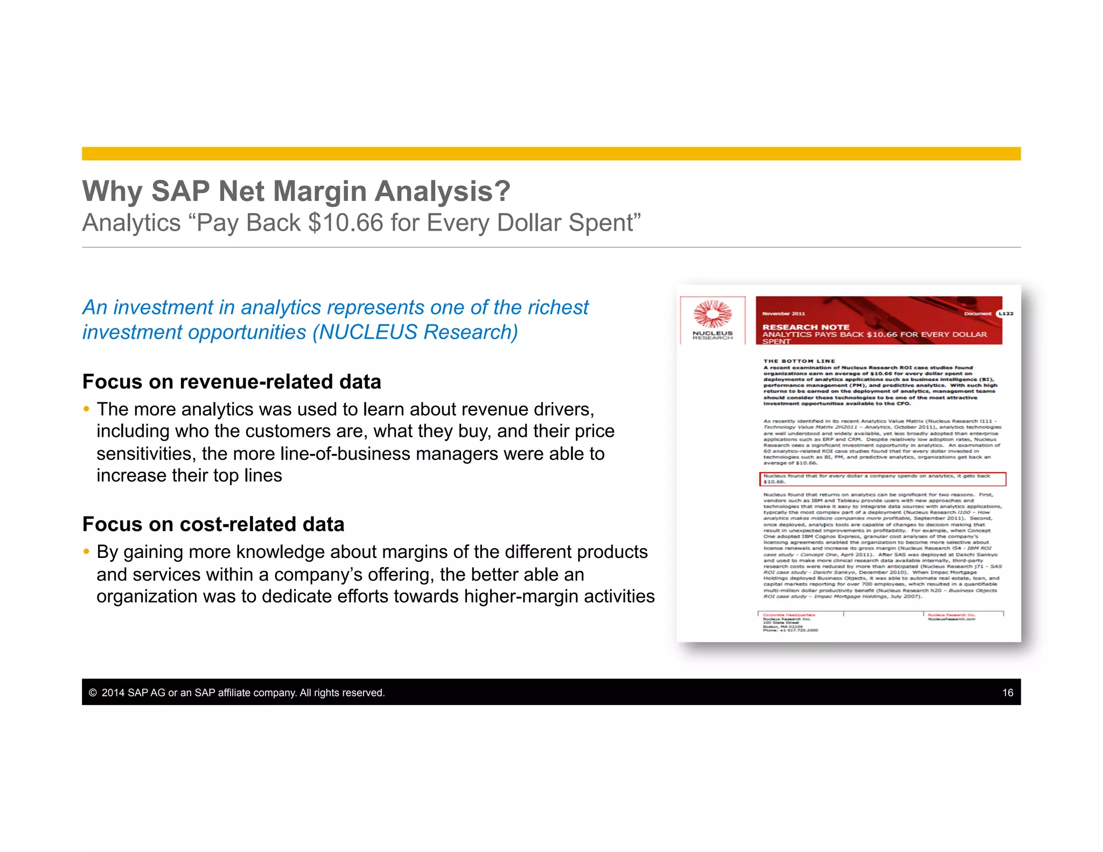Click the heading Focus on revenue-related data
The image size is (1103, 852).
pos(232,382)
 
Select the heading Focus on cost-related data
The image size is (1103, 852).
pos(213,525)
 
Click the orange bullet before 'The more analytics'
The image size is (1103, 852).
pos(86,409)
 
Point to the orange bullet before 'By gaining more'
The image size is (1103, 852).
pos(86,552)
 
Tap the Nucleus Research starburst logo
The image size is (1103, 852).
pos(712,314)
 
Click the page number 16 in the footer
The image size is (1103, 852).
pos(1008,693)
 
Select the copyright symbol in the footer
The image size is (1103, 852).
pos(93,693)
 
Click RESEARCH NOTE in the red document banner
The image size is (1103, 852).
pos(805,327)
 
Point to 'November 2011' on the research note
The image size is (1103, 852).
pos(783,313)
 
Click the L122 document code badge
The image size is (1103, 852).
pos(1006,313)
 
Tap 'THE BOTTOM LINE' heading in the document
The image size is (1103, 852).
pos(799,361)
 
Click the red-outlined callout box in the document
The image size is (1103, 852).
pos(882,479)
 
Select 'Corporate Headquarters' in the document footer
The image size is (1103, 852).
pos(788,614)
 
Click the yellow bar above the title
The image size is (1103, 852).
pos(551,153)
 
